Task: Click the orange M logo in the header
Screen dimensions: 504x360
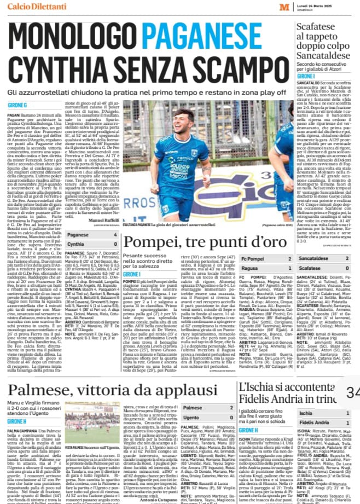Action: pos(283,6)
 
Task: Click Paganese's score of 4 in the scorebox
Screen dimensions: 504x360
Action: pos(115,235)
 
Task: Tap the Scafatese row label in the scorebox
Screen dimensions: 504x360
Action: pos(314,269)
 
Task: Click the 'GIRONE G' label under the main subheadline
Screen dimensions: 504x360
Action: pos(18,104)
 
